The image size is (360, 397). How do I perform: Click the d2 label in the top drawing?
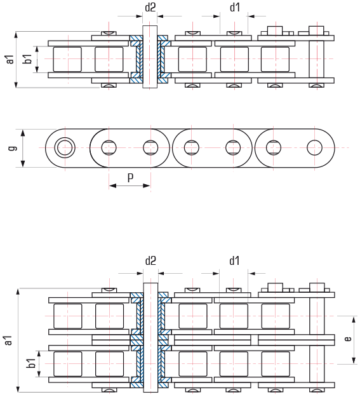coord(150,8)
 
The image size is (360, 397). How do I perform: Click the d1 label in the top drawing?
coord(235,8)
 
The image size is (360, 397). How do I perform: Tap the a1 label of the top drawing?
coord(10,59)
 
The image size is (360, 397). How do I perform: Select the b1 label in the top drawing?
coord(28,59)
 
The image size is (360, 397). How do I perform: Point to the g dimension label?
coord(13,148)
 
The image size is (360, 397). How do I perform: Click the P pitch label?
coord(130,178)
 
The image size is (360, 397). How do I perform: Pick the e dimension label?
coord(348,339)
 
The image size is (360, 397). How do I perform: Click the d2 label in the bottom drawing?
coord(150,260)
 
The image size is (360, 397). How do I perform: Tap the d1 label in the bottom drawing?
coord(234,260)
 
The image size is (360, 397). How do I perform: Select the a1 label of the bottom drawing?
coord(8,340)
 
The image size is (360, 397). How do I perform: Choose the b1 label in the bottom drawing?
coord(31,363)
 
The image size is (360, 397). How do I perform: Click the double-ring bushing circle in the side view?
coord(65,147)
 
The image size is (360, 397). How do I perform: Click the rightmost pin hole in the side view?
coord(314,147)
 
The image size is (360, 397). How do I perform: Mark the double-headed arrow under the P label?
coord(130,186)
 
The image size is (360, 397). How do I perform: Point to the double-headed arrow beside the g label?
coord(23,148)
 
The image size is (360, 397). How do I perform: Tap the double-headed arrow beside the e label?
coord(354,340)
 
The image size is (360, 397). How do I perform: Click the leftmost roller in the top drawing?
coord(67,59)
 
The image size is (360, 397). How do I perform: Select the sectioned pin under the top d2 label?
coord(150,57)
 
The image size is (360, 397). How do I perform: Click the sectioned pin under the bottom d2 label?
coord(150,337)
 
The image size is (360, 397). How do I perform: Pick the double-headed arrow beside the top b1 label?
coord(37,59)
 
